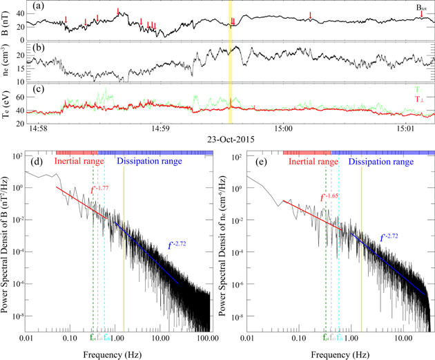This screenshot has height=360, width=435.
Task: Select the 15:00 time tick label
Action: coord(282,129)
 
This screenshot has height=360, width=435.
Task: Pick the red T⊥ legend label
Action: coord(418,100)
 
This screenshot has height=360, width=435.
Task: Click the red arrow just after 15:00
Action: coord(311,15)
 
